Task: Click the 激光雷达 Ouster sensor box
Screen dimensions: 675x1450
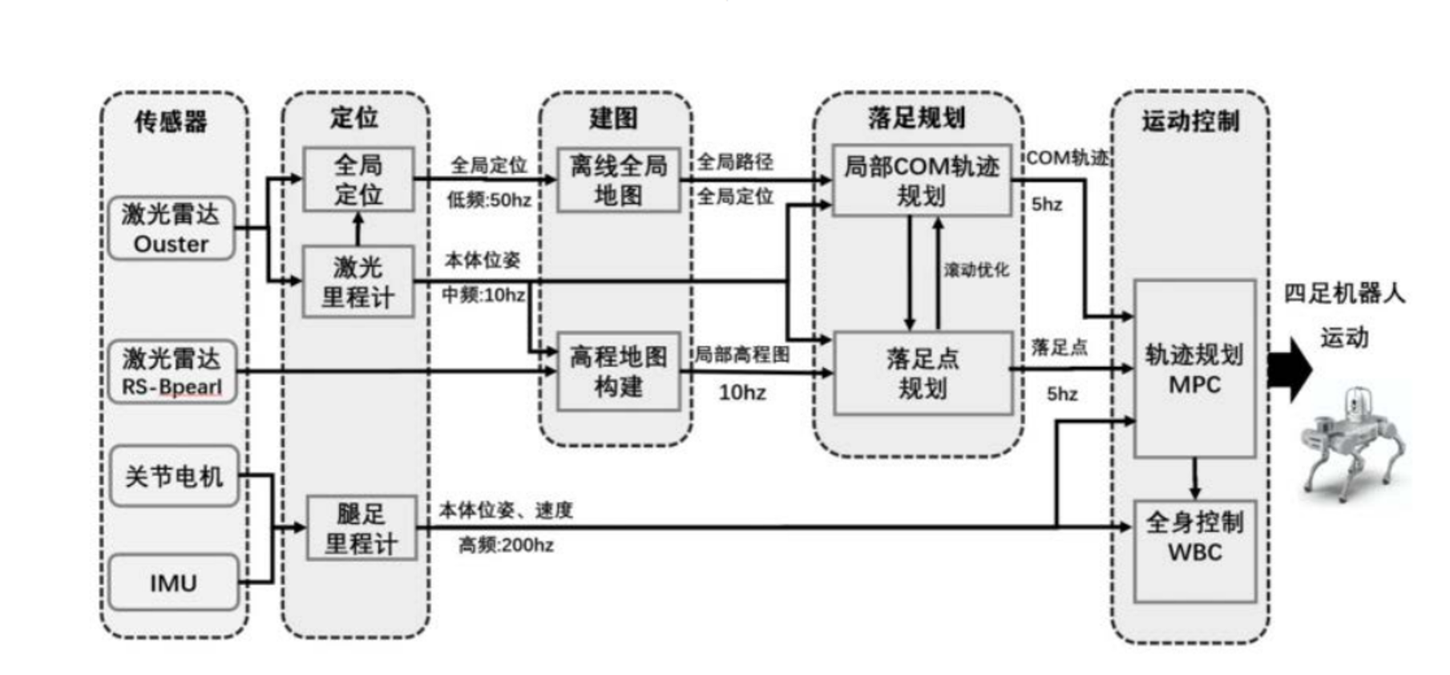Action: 171,228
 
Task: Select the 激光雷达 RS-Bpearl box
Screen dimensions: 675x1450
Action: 172,371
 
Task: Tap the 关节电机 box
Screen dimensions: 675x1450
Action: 174,477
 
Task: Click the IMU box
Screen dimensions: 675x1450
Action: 173,583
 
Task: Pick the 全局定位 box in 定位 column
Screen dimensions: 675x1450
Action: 358,180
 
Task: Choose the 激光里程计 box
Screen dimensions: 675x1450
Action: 358,281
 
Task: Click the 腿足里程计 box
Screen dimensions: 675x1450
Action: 361,528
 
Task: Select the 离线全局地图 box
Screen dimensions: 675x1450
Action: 618,180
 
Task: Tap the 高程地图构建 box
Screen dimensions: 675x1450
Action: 618,371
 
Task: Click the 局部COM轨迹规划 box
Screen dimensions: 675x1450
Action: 922,180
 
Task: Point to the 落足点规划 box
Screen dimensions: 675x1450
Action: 923,374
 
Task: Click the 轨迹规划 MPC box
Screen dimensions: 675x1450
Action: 1194,369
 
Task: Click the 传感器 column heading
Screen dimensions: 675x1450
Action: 171,121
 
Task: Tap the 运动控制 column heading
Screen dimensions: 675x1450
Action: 1191,121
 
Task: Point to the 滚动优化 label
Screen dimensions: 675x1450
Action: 976,269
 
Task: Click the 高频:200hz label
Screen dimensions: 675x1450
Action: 506,545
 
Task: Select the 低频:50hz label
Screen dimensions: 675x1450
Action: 489,200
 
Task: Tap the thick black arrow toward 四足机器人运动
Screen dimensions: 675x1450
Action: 1289,370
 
